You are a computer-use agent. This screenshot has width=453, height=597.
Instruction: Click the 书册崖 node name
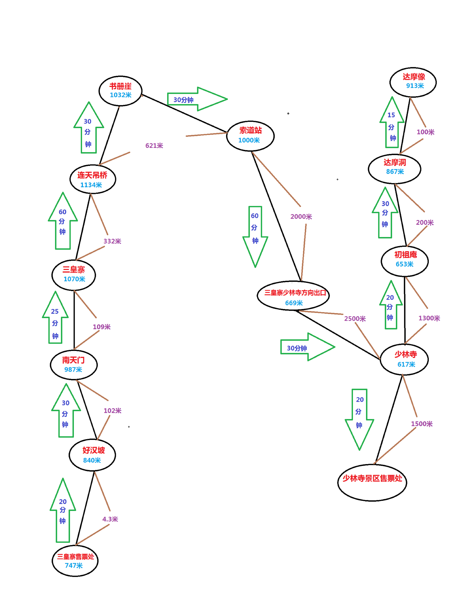(x=120, y=86)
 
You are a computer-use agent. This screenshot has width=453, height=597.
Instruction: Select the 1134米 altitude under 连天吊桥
(x=91, y=185)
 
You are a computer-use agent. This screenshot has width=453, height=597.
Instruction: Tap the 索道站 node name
(x=251, y=130)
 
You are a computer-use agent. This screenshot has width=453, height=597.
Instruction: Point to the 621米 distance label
(x=154, y=145)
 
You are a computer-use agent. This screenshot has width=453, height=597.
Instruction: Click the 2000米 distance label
(x=301, y=217)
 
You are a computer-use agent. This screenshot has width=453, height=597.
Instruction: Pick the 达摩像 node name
(x=414, y=77)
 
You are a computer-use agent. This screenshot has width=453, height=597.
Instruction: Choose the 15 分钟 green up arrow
(x=392, y=122)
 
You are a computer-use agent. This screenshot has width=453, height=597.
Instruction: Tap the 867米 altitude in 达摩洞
(x=395, y=171)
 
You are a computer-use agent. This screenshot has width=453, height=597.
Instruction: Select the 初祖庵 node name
(x=405, y=255)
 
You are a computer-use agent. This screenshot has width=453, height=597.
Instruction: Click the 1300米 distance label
(x=429, y=318)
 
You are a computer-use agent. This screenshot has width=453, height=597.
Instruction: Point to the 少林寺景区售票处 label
(x=372, y=478)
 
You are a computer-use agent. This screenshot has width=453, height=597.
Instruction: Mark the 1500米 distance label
(x=422, y=424)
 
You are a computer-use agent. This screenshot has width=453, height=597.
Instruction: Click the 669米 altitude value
(x=294, y=303)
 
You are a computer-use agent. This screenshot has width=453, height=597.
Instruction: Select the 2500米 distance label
(x=355, y=319)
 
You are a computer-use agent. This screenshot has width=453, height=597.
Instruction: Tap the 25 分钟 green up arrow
(x=55, y=317)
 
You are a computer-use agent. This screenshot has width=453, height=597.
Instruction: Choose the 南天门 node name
(x=74, y=360)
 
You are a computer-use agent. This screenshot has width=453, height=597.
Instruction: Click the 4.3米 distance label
(x=110, y=519)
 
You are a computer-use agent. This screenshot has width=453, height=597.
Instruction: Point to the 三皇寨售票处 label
(x=76, y=557)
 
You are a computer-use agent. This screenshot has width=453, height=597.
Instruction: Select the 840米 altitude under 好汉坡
(x=92, y=460)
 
